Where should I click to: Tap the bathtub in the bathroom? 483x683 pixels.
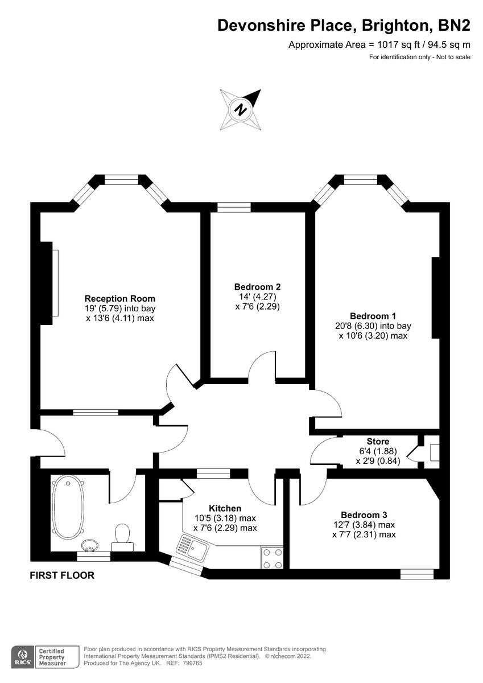[68, 507]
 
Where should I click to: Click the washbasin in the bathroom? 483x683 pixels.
[90, 545]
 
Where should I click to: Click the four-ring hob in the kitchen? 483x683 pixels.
[272, 558]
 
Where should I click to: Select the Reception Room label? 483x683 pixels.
[119, 298]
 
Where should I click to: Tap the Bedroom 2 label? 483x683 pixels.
[257, 287]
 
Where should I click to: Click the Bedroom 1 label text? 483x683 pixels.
[373, 316]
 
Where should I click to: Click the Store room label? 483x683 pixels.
[378, 441]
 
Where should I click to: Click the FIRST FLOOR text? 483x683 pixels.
[62, 575]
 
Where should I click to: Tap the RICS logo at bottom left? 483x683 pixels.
[23, 656]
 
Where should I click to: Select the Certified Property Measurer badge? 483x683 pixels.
[51, 656]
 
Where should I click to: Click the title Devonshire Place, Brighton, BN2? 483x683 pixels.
[344, 26]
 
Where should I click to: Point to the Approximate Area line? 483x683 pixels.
[379, 44]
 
